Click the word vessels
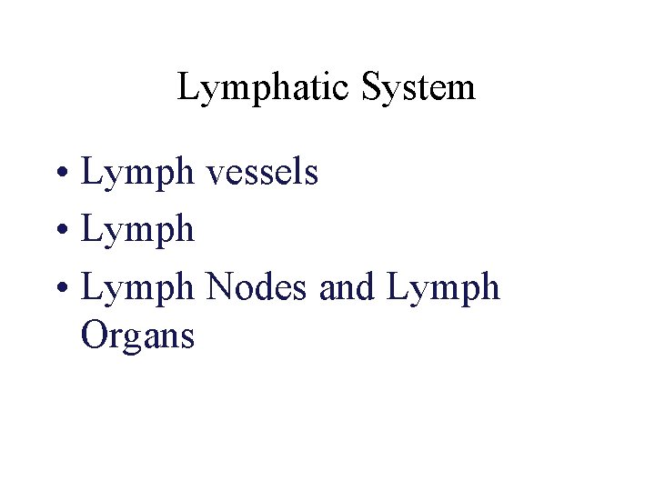coord(262,172)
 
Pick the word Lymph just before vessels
coord(137,172)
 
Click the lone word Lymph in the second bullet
coord(137,230)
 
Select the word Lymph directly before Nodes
coord(137,288)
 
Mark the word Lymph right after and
coord(444,288)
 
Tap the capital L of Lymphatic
coord(186,88)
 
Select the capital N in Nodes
coord(219,287)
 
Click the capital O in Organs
coord(94,336)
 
